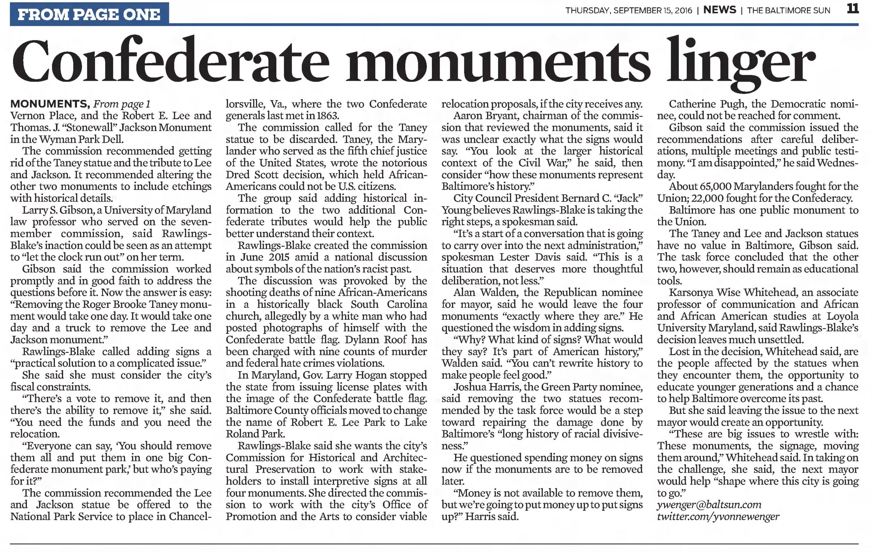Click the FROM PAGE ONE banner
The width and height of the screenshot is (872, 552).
coord(89,14)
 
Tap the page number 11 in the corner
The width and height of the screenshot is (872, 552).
coord(853,9)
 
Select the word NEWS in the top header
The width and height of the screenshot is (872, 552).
coord(719,10)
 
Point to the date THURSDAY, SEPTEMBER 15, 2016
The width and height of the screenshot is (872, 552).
coord(629,11)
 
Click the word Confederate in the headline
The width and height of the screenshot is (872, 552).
coord(171,61)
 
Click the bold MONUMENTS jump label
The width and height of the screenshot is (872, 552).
coord(50,104)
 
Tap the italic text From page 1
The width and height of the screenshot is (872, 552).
coord(122,104)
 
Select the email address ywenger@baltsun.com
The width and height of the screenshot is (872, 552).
coord(709,505)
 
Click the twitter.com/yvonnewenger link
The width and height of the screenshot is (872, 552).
coord(718,517)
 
